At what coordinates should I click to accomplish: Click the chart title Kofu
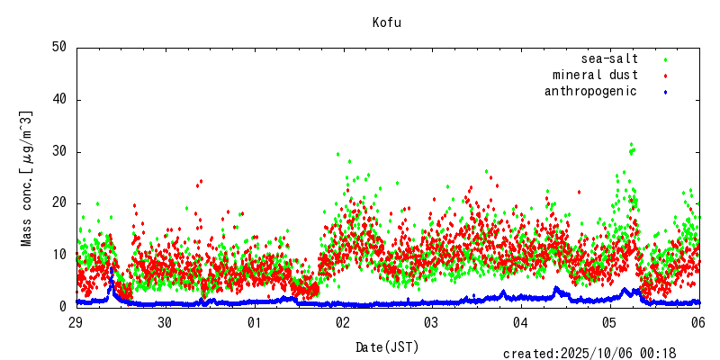pyautogui.click(x=387, y=22)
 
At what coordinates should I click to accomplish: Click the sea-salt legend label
pyautogui.click(x=609, y=58)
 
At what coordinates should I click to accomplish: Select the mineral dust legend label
pyautogui.click(x=595, y=75)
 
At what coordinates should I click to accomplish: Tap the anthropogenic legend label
pyautogui.click(x=590, y=91)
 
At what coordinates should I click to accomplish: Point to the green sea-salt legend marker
pyautogui.click(x=665, y=59)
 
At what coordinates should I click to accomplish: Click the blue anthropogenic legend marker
pyautogui.click(x=665, y=92)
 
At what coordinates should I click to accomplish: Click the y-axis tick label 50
pyautogui.click(x=59, y=48)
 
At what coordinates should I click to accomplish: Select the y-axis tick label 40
pyautogui.click(x=59, y=100)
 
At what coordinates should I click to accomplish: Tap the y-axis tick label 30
pyautogui.click(x=59, y=152)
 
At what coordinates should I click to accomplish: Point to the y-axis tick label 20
pyautogui.click(x=59, y=203)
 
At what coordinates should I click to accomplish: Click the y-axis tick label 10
pyautogui.click(x=59, y=256)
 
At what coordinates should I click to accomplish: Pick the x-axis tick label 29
pyautogui.click(x=76, y=322)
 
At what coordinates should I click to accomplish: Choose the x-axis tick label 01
pyautogui.click(x=255, y=322)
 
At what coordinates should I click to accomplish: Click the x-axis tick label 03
pyautogui.click(x=432, y=322)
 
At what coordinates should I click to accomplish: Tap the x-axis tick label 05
pyautogui.click(x=610, y=322)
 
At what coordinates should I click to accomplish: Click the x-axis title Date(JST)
pyautogui.click(x=387, y=346)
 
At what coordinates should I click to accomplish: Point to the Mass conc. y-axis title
pyautogui.click(x=27, y=178)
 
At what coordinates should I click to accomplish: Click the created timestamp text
pyautogui.click(x=589, y=354)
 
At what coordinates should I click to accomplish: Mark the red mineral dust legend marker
pyautogui.click(x=665, y=76)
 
